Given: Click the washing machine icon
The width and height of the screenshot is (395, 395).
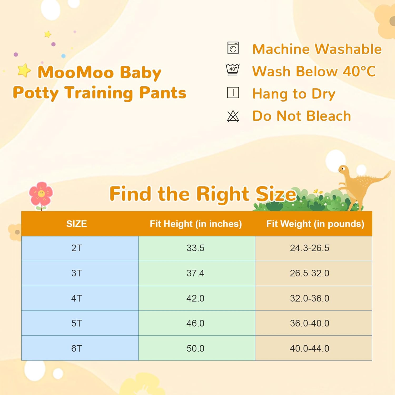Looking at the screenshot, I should click(x=233, y=48).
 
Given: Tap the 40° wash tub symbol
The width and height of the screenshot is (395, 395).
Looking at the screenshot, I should click(x=233, y=70).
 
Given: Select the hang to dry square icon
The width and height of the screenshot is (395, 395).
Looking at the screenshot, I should click(x=233, y=93).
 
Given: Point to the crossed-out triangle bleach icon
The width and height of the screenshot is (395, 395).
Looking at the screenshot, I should click(x=233, y=116).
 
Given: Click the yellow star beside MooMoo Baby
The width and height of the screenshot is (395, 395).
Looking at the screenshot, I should click(x=24, y=70).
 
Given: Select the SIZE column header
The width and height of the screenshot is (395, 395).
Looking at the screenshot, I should click(x=77, y=224).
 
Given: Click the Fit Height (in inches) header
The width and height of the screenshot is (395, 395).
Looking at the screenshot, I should click(x=196, y=224).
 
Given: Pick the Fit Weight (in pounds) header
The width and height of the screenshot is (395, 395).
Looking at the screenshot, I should click(x=315, y=224).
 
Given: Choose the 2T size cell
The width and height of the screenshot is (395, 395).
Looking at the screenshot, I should click(x=77, y=248).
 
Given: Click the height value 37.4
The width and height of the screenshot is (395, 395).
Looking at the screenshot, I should click(x=195, y=273).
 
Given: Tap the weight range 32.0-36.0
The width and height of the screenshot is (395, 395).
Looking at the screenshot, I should click(x=309, y=298).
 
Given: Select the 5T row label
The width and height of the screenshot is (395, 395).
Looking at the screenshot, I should click(x=77, y=323).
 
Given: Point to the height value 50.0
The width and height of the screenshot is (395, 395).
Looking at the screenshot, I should click(x=195, y=348).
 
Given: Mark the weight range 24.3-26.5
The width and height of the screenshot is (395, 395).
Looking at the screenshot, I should click(x=309, y=248).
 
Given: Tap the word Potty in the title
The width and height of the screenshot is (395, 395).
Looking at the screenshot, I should click(x=36, y=93).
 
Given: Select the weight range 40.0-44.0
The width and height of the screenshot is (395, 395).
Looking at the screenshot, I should click(x=309, y=348).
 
